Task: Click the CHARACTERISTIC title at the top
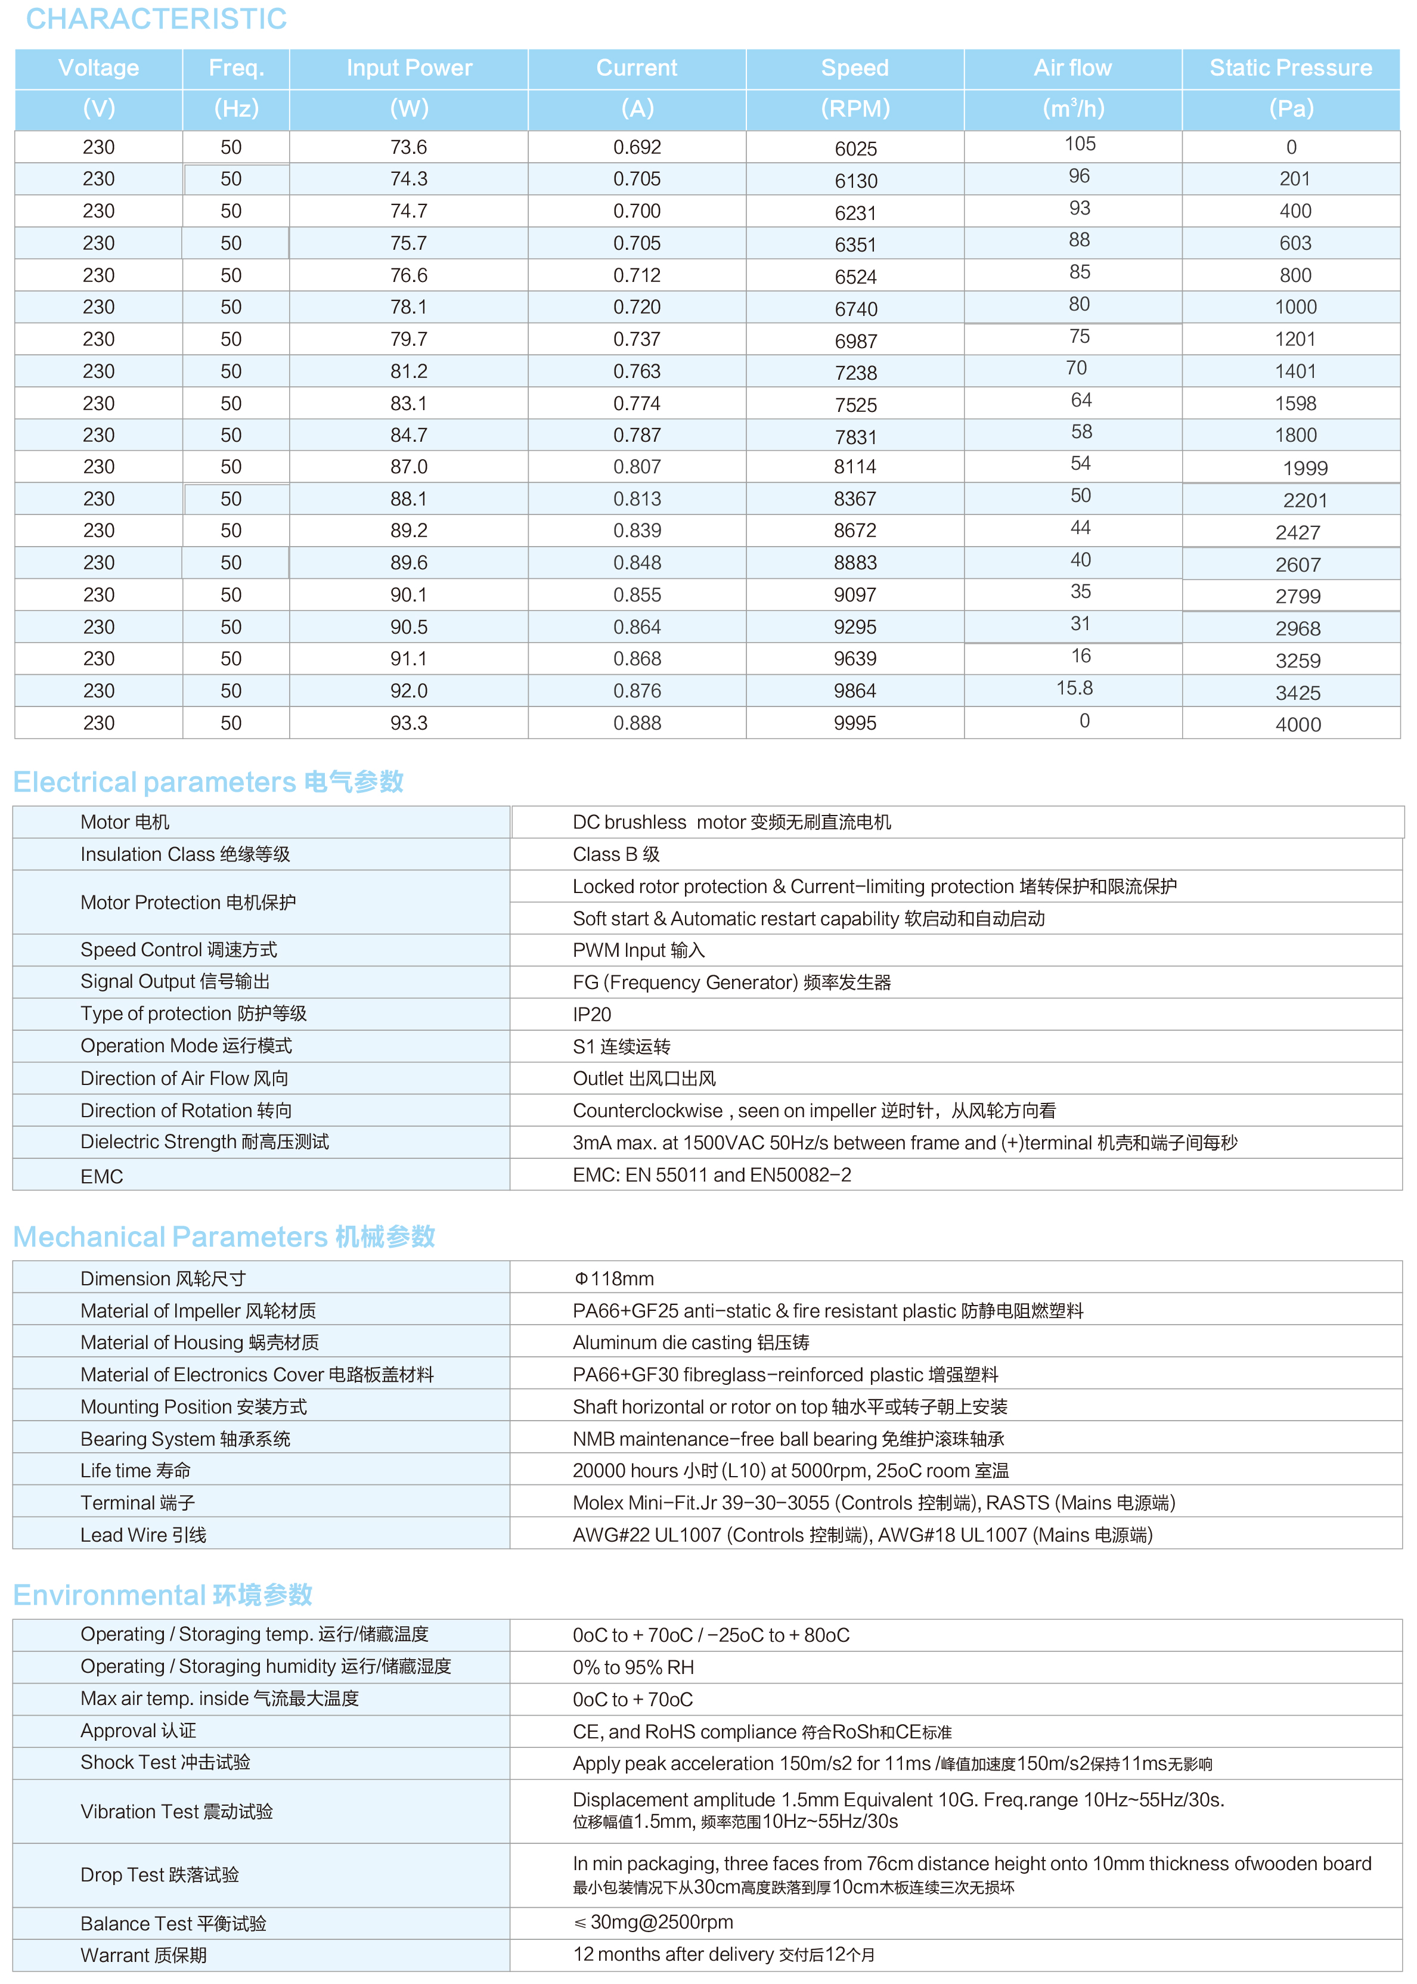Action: click(156, 18)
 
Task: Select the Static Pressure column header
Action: click(1291, 68)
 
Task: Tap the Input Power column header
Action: click(408, 68)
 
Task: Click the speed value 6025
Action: click(855, 149)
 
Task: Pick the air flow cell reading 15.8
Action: click(1074, 689)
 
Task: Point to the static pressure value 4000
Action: click(1297, 724)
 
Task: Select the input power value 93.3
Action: click(408, 723)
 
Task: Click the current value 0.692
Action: click(637, 147)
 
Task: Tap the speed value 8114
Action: click(855, 467)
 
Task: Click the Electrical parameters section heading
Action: click(207, 782)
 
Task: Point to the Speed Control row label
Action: click(178, 949)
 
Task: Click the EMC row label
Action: click(101, 1177)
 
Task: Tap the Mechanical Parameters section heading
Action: click(224, 1236)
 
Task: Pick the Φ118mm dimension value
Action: click(613, 1279)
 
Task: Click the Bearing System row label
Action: click(185, 1439)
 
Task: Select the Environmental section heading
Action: click(162, 1595)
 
